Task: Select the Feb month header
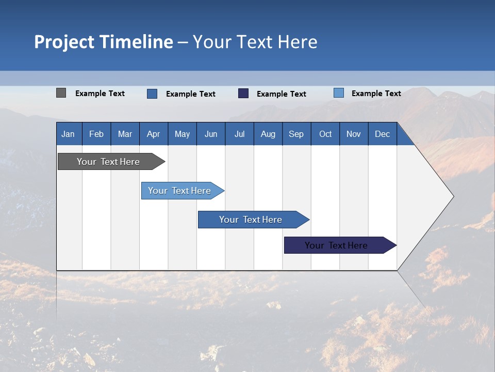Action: point(96,134)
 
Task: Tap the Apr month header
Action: point(154,134)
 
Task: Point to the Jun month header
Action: point(211,134)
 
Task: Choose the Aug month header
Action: point(268,134)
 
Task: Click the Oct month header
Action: point(325,134)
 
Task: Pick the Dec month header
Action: point(382,134)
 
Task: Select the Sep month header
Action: point(296,134)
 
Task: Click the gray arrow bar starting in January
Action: point(111,161)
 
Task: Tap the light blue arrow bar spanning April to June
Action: point(183,191)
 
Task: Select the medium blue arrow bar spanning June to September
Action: point(254,220)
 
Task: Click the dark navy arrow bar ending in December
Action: point(340,245)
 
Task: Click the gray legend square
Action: point(61,92)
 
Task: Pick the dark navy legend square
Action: point(243,94)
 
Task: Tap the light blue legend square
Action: point(339,92)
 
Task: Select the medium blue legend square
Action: point(152,94)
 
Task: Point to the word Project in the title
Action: point(64,42)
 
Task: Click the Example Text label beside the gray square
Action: point(100,94)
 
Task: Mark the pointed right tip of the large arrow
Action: point(454,196)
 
